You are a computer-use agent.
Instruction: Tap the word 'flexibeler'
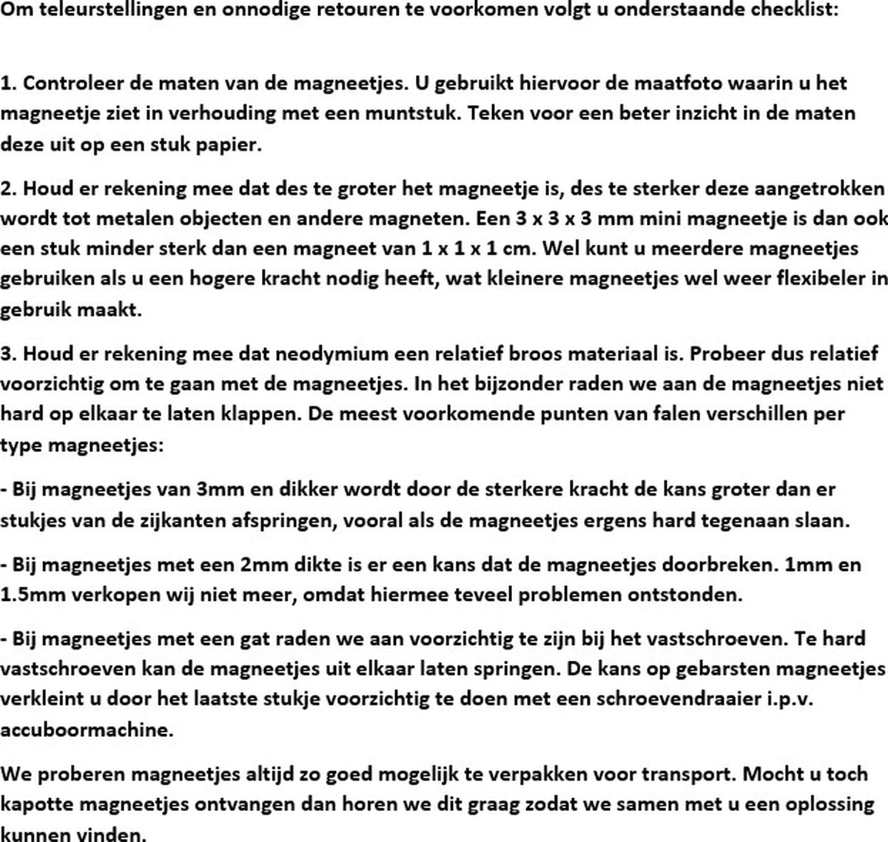coord(816,279)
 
